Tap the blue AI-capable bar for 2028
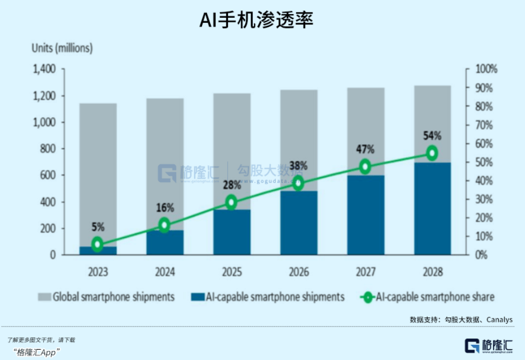(x=432, y=211)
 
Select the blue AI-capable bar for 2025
(x=231, y=232)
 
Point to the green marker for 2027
(x=365, y=166)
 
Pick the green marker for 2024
(x=164, y=225)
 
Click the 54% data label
(x=432, y=136)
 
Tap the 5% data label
(x=97, y=227)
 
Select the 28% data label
(x=231, y=185)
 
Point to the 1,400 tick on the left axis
(x=45, y=70)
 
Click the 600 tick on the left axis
(x=49, y=175)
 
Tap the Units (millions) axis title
(x=62, y=48)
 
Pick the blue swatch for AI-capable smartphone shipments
(x=198, y=297)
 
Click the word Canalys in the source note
(x=499, y=319)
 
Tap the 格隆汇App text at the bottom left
(x=36, y=352)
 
